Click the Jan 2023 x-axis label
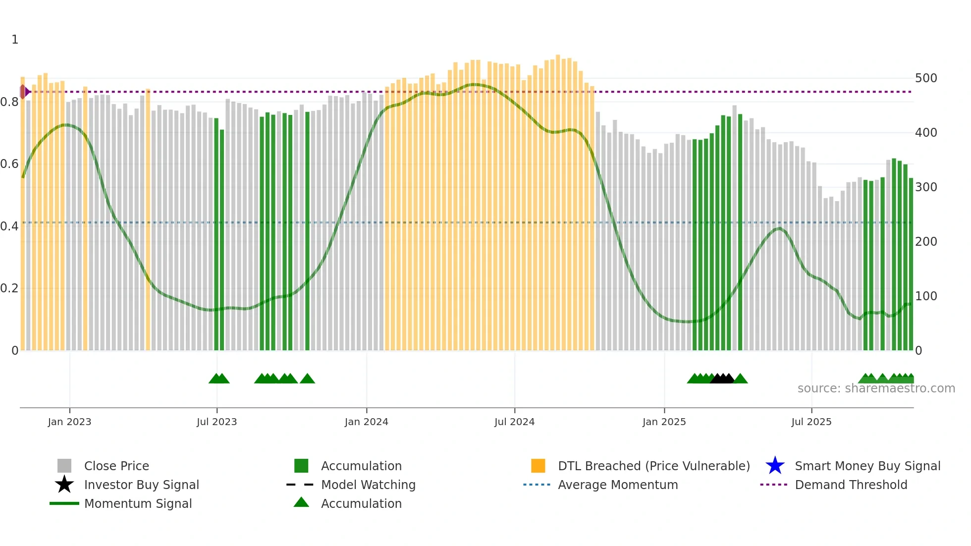[69, 422]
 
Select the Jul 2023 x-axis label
[216, 422]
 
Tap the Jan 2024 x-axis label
[366, 422]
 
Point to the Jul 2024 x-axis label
[514, 422]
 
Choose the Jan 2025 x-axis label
[664, 422]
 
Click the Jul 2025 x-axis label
[811, 422]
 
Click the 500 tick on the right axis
[926, 78]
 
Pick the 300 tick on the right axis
[926, 187]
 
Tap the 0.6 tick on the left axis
[9, 164]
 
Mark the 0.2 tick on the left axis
[9, 288]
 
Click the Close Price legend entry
[116, 466]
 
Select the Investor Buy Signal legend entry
[141, 485]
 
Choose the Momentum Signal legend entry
[138, 504]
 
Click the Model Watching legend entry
[368, 485]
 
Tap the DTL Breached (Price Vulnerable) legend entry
[653, 466]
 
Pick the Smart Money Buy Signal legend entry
[867, 466]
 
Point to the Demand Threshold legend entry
[851, 485]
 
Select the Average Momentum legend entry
[618, 485]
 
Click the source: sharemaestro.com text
[876, 388]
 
